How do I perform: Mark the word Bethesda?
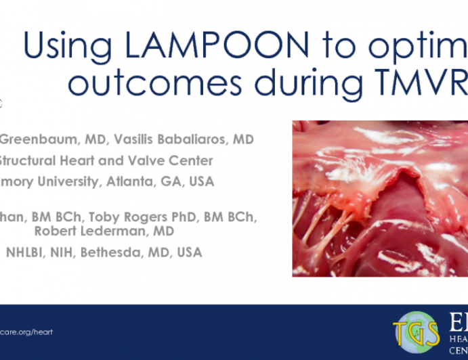pyautogui.click(x=118, y=252)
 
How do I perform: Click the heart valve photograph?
pyautogui.click(x=379, y=198)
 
